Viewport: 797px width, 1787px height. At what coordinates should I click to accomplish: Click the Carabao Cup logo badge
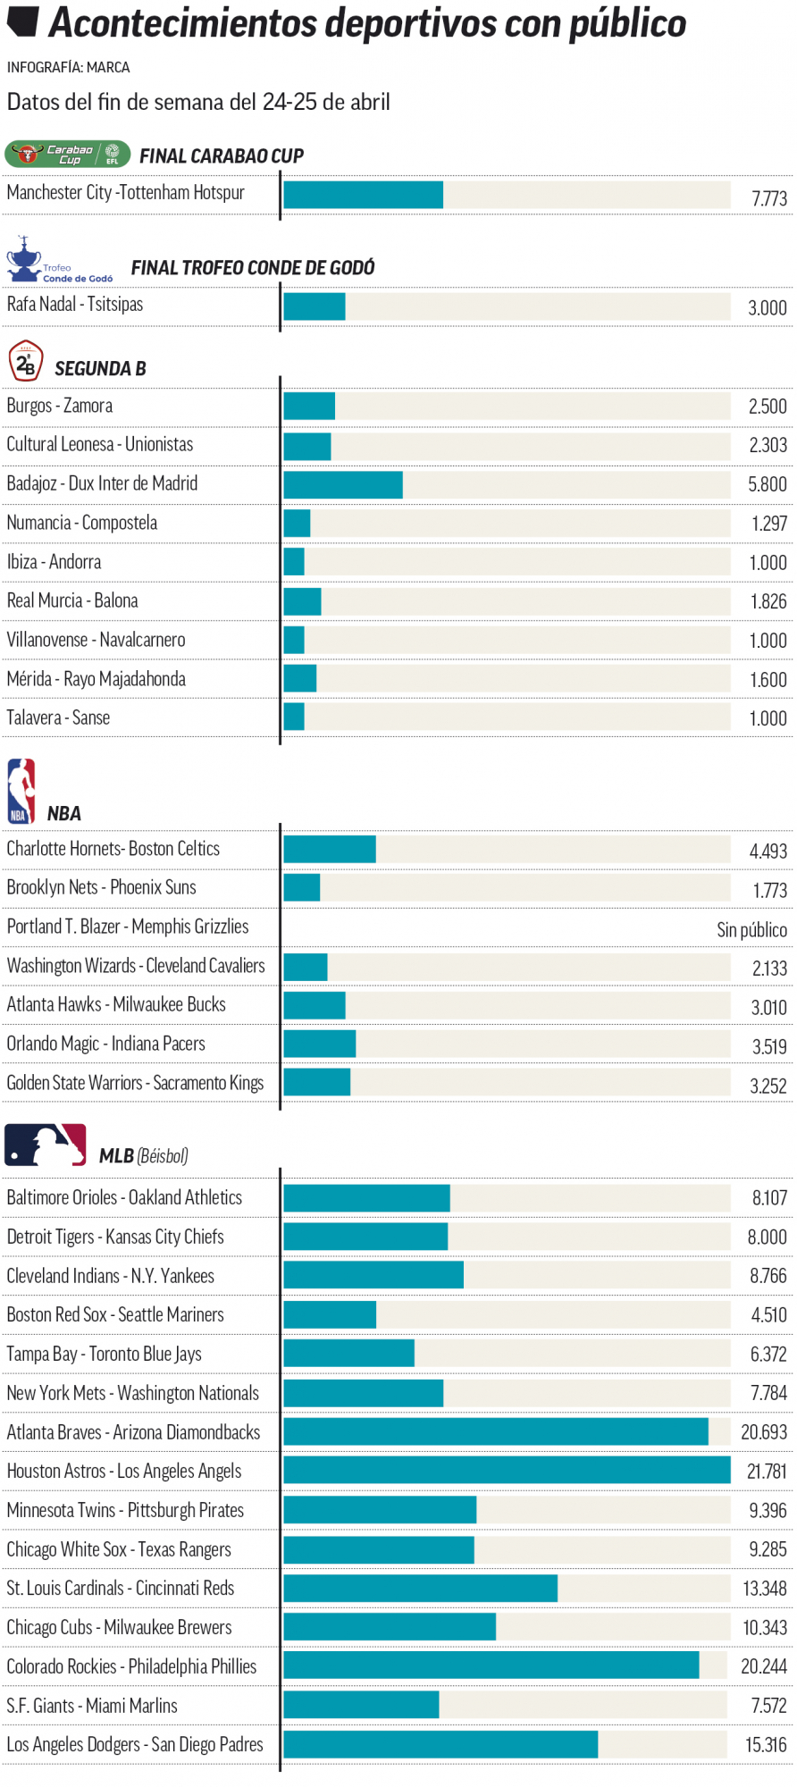pos(68,155)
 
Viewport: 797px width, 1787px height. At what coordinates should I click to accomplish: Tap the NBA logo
pos(21,791)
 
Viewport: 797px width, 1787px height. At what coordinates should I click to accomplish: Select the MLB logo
pos(46,1145)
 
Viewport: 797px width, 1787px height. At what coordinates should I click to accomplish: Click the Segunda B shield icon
pos(26,362)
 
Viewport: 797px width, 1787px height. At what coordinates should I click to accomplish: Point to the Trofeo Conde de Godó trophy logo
pos(25,259)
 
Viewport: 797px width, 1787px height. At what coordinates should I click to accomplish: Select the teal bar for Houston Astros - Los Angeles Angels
pos(507,1471)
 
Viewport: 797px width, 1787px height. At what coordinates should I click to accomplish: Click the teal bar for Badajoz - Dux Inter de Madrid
pos(343,484)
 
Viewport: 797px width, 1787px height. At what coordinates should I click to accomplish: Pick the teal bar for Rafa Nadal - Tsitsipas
pos(315,306)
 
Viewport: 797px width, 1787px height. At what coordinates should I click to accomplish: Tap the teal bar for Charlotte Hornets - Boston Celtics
pos(330,849)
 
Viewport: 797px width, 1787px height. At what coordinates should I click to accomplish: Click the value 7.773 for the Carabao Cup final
pos(768,198)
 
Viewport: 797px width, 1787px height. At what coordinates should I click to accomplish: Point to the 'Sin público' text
pos(751,930)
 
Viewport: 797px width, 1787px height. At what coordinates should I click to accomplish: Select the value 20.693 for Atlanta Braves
pos(764,1432)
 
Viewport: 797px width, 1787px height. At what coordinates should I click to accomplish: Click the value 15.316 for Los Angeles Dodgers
pos(766,1745)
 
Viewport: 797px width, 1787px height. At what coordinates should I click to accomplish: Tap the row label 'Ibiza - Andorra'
pos(55,562)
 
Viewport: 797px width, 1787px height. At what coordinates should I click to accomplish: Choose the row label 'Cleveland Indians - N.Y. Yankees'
pos(111,1276)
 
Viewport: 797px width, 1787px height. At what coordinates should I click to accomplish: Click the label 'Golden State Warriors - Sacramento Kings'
pos(135,1083)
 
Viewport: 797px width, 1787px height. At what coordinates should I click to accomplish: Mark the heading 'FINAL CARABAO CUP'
pos(222,156)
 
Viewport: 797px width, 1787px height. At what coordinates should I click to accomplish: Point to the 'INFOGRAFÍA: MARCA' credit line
pos(69,68)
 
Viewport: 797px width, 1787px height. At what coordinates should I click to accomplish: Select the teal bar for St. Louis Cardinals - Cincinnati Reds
pos(421,1589)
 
